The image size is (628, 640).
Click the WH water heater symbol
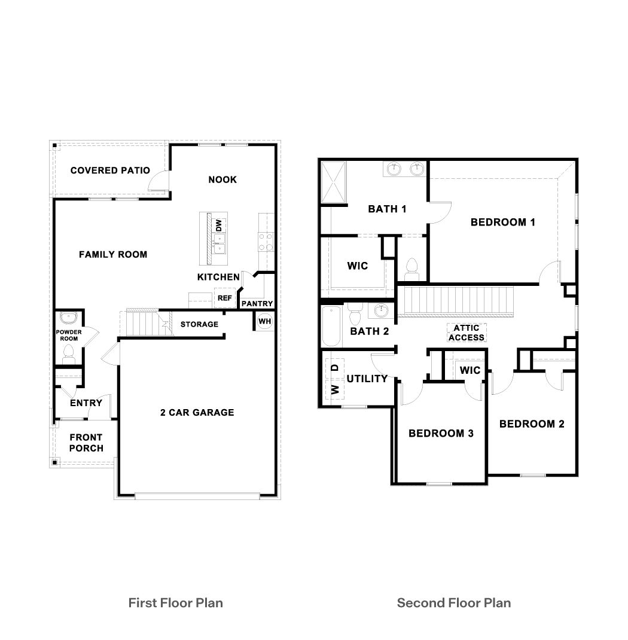[x=264, y=321]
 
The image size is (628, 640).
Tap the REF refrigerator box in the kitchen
[x=224, y=297]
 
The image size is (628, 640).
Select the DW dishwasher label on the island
[x=219, y=225]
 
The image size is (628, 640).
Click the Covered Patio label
[x=110, y=170]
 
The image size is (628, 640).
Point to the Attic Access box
[x=467, y=333]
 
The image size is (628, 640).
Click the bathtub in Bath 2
[x=331, y=326]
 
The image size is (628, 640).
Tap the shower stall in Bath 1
[x=335, y=182]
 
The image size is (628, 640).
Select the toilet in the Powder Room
[x=69, y=353]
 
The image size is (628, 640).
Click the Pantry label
[x=257, y=304]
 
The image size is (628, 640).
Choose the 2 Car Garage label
[x=197, y=412]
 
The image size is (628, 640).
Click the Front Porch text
[x=86, y=443]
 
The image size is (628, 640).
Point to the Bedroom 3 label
[x=441, y=433]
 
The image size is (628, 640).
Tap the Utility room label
[x=367, y=378]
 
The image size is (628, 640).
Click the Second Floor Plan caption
[x=454, y=602]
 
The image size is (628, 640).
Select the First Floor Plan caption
[x=176, y=602]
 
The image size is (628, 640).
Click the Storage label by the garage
[x=199, y=324]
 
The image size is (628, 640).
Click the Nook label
[x=222, y=179]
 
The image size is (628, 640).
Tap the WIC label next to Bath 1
[x=358, y=266]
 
